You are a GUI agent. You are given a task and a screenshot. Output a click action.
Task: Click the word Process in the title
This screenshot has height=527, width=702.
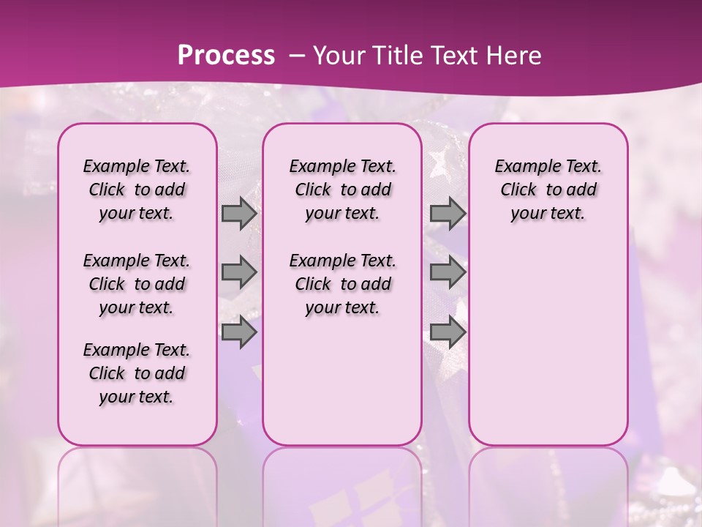click(x=226, y=55)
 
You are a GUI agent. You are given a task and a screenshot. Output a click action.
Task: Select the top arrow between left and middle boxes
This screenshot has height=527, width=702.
click(x=239, y=214)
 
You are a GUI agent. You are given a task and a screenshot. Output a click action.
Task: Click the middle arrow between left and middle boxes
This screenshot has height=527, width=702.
click(x=239, y=273)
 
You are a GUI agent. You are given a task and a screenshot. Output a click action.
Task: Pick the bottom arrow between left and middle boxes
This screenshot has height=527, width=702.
click(x=239, y=332)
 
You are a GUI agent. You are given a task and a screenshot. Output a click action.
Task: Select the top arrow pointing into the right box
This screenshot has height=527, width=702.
click(x=448, y=214)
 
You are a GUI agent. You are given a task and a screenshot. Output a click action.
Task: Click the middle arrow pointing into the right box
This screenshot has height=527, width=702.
click(x=448, y=273)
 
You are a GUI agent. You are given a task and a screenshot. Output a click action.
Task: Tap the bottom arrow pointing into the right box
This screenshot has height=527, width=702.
click(x=448, y=332)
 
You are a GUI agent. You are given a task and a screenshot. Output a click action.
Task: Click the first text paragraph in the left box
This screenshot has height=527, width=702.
click(x=137, y=190)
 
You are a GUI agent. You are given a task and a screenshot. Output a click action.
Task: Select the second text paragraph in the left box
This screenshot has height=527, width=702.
click(x=137, y=284)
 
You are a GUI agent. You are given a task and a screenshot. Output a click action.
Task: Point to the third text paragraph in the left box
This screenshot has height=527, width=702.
click(x=137, y=373)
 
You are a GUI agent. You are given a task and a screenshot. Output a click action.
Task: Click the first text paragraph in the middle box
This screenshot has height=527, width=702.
click(x=342, y=190)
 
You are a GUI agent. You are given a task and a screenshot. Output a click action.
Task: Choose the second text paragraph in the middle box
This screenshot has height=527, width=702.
click(x=342, y=284)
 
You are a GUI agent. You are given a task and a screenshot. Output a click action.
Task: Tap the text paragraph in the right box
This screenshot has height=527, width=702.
click(x=548, y=190)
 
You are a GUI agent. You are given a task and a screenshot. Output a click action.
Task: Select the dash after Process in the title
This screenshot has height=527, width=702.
click(x=297, y=56)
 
